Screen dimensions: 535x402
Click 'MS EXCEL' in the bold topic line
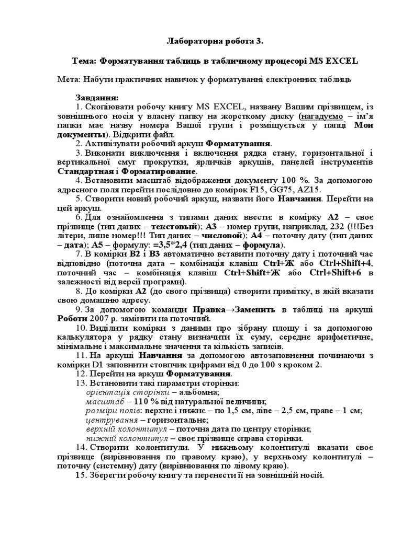pos(332,61)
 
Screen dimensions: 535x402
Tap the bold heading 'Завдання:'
pos(97,97)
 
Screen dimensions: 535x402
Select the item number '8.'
pos(80,290)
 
